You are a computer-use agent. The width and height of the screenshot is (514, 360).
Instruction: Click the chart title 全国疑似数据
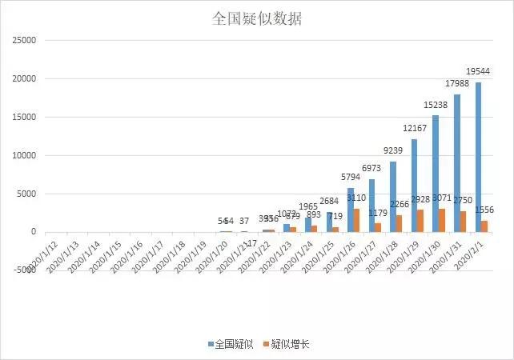pyautogui.click(x=257, y=18)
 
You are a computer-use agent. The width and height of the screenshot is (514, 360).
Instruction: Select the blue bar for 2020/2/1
pyautogui.click(x=478, y=157)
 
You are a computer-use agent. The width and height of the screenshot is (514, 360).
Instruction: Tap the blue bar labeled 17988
pyautogui.click(x=457, y=163)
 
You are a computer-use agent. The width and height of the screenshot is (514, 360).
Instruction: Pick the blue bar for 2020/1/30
pyautogui.click(x=436, y=174)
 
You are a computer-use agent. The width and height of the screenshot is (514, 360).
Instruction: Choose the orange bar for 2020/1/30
pyautogui.click(x=443, y=220)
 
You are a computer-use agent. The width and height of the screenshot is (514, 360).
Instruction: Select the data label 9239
pyautogui.click(x=395, y=150)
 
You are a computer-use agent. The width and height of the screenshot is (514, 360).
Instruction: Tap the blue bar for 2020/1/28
pyautogui.click(x=393, y=197)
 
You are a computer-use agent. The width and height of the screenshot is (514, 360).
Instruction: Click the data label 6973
pyautogui.click(x=373, y=168)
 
